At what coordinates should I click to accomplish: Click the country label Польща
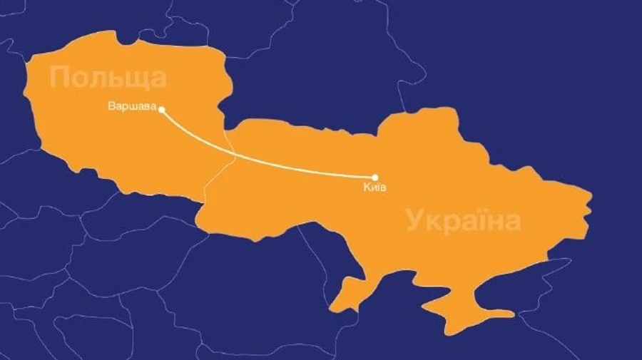[x=108, y=77]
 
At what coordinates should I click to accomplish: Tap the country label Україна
[x=464, y=221]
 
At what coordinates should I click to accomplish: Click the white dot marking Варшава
[x=162, y=109]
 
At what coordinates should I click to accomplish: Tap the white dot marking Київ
[x=375, y=178]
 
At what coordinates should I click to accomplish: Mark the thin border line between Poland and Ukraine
[x=227, y=164]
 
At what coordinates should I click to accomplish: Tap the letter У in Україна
[x=414, y=222]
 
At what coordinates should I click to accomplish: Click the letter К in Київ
[x=366, y=187]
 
